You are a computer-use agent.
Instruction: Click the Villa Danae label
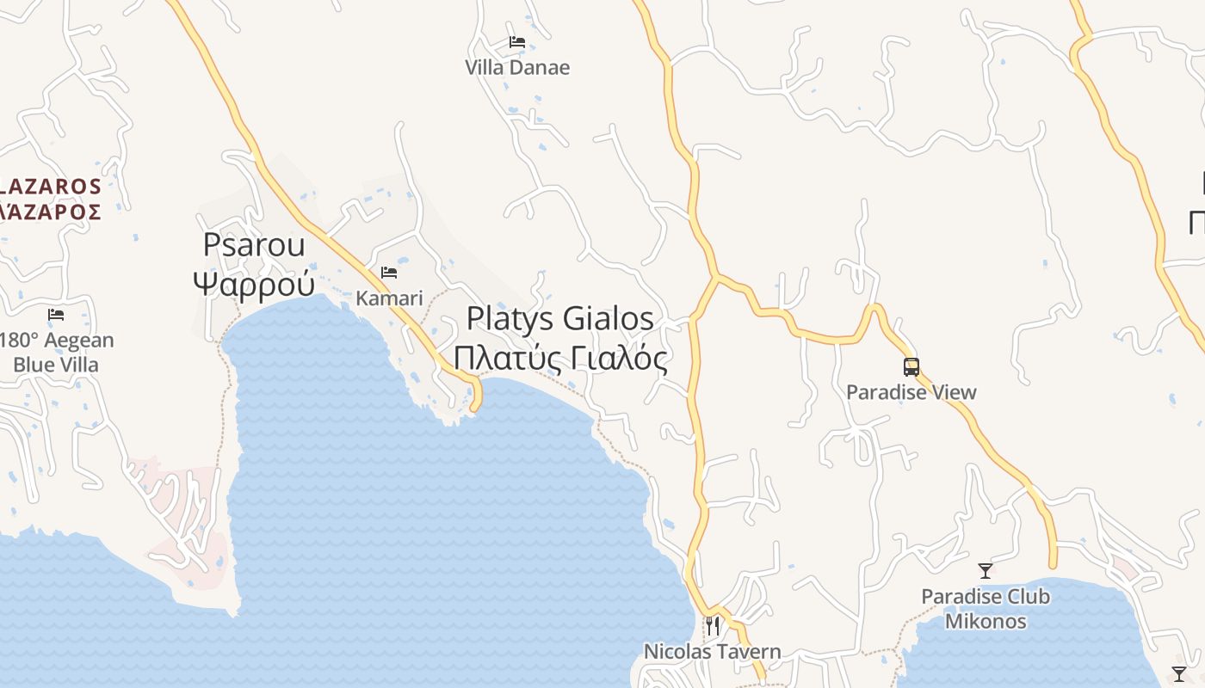pos(517,67)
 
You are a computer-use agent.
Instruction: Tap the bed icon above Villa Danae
pos(516,41)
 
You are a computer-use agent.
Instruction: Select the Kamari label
pos(390,298)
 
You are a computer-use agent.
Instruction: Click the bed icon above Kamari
pos(389,273)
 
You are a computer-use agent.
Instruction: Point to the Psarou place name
pos(254,245)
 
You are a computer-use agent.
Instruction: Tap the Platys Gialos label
pos(560,319)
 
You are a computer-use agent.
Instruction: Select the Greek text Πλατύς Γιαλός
pos(560,357)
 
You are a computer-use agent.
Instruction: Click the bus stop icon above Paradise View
pos(911,367)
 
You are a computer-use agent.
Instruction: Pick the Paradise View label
pos(911,392)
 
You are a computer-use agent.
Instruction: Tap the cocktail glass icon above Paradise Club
pos(986,570)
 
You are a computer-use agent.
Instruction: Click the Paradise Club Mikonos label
pos(986,608)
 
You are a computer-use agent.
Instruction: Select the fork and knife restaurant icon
pos(713,625)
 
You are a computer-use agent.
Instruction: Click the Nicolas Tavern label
pos(713,652)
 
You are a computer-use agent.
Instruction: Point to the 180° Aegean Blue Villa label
pos(56,353)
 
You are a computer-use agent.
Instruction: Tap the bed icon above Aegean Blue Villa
pos(56,315)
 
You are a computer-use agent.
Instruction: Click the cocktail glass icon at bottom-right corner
pos(1179,673)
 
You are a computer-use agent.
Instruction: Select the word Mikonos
pos(986,620)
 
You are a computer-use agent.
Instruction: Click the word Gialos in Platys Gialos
pos(609,319)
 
